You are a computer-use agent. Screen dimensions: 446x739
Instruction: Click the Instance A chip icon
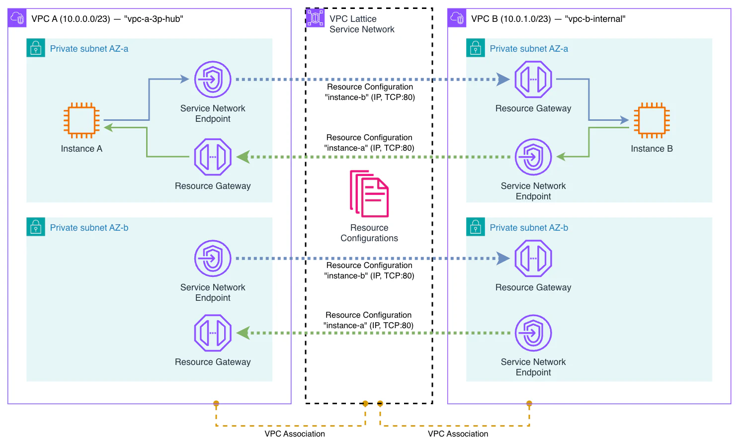point(82,120)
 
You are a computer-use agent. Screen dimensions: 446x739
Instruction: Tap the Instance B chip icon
point(652,120)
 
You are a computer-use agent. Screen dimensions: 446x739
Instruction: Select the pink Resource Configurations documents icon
point(369,194)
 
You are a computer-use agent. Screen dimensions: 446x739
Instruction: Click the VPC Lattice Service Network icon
point(315,18)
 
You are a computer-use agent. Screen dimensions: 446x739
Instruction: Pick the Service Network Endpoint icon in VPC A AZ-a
point(213,80)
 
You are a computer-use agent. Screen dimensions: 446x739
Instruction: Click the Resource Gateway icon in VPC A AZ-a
point(213,157)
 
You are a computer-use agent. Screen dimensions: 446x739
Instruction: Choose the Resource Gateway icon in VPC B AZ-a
point(533,80)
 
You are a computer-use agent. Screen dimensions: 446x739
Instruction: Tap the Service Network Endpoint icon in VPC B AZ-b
point(533,333)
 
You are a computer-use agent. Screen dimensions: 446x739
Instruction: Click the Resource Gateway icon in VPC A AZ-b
point(213,333)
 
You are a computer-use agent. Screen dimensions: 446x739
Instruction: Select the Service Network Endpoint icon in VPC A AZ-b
point(213,259)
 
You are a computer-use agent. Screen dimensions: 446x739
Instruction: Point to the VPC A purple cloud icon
point(17,18)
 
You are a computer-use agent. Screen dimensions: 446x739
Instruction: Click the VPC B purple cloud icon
point(457,18)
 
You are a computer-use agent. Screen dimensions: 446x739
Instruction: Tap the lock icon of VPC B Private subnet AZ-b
point(476,227)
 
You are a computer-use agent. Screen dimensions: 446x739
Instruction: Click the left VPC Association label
point(295,434)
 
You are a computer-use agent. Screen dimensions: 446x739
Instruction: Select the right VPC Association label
point(458,434)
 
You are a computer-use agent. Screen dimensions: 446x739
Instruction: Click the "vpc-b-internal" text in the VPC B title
point(595,19)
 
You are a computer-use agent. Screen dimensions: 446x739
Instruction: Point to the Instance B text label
point(652,149)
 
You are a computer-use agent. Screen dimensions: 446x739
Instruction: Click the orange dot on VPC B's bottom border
point(529,403)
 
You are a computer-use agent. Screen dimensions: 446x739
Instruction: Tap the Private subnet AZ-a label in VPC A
point(89,49)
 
